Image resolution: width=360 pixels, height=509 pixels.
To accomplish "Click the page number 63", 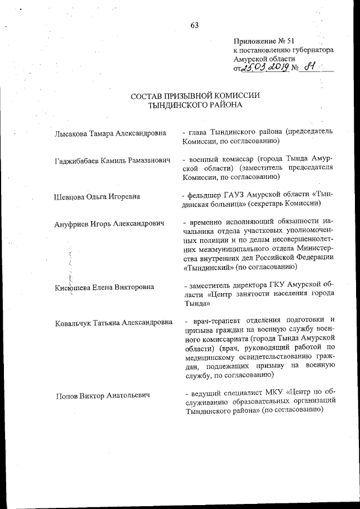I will coord(195,25).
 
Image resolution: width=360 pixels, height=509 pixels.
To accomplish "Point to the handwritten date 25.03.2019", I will coord(264,68).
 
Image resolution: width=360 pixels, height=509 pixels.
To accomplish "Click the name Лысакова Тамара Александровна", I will coord(110,133).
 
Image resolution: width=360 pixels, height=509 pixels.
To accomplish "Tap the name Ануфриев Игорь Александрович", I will coord(109,224).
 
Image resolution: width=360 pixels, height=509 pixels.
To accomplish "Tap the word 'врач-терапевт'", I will coord(214,321).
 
